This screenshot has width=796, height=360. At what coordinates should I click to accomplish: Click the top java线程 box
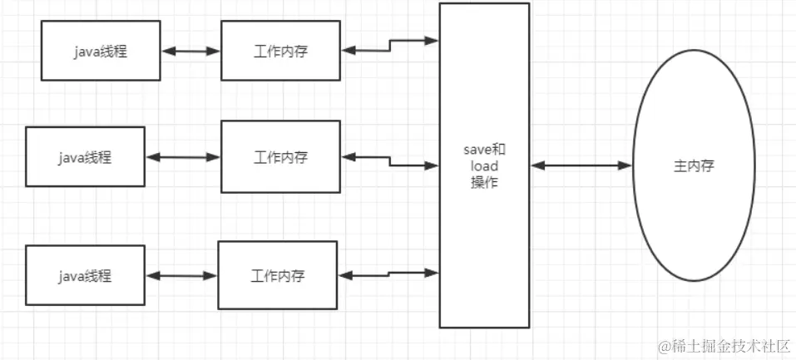101,51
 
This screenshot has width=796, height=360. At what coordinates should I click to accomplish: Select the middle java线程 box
85,156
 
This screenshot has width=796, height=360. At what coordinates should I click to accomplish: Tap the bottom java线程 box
85,274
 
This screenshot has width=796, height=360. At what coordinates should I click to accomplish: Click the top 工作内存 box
280,51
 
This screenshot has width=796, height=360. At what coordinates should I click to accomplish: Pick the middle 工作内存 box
280,156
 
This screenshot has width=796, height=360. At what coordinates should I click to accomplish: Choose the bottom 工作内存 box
277,274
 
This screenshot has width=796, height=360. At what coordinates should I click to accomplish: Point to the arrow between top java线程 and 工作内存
190,51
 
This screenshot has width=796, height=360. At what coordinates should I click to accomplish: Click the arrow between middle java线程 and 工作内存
182,157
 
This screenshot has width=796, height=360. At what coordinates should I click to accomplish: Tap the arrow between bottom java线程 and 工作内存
180,275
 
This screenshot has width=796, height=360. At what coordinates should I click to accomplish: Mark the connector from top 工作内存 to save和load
389,45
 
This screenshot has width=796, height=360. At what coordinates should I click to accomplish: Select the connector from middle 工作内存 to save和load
389,160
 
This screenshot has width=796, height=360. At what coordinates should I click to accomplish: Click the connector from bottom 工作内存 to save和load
388,273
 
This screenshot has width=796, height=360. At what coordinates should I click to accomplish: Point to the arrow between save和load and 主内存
581,166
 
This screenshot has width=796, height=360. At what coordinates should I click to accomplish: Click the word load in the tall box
484,166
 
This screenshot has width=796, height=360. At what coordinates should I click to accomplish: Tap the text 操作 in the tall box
484,183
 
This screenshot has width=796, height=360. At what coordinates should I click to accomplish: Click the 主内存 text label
693,166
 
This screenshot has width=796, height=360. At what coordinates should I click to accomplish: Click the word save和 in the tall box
484,150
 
